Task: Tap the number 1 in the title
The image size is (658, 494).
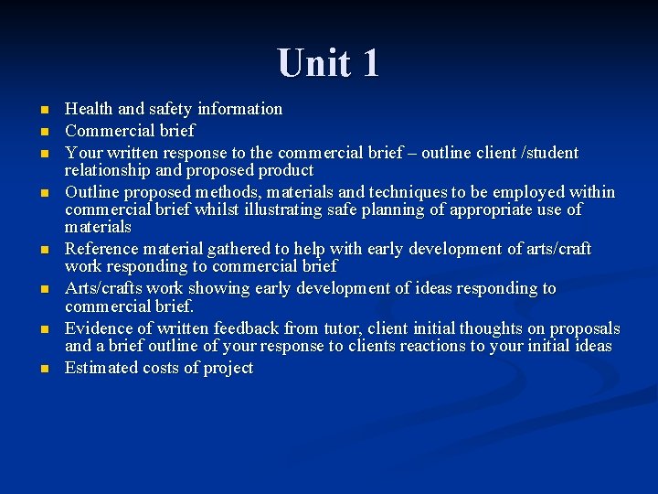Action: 369,62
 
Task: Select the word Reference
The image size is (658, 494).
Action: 101,249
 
